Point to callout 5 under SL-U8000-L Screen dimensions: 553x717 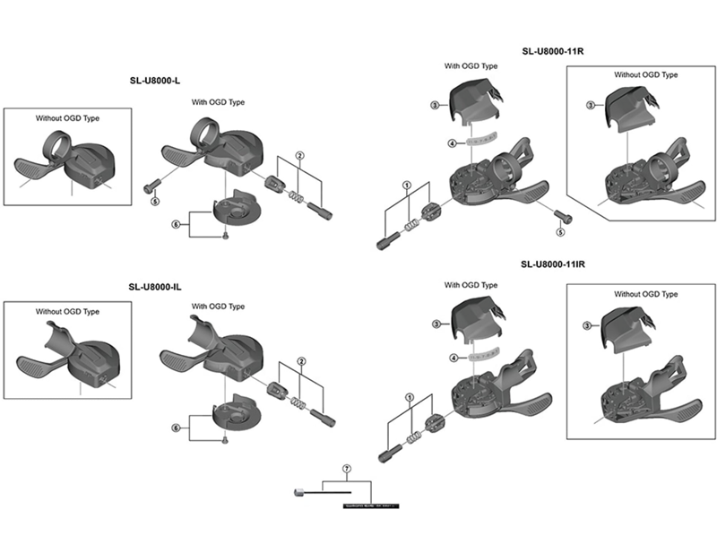click(154, 202)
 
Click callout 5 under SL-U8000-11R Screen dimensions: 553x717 click(560, 231)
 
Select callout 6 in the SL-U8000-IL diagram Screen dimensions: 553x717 click(176, 426)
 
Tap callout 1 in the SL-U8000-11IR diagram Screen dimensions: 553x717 click(409, 396)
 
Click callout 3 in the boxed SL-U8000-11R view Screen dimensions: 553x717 click(591, 106)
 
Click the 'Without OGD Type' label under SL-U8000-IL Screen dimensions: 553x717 click(67, 311)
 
